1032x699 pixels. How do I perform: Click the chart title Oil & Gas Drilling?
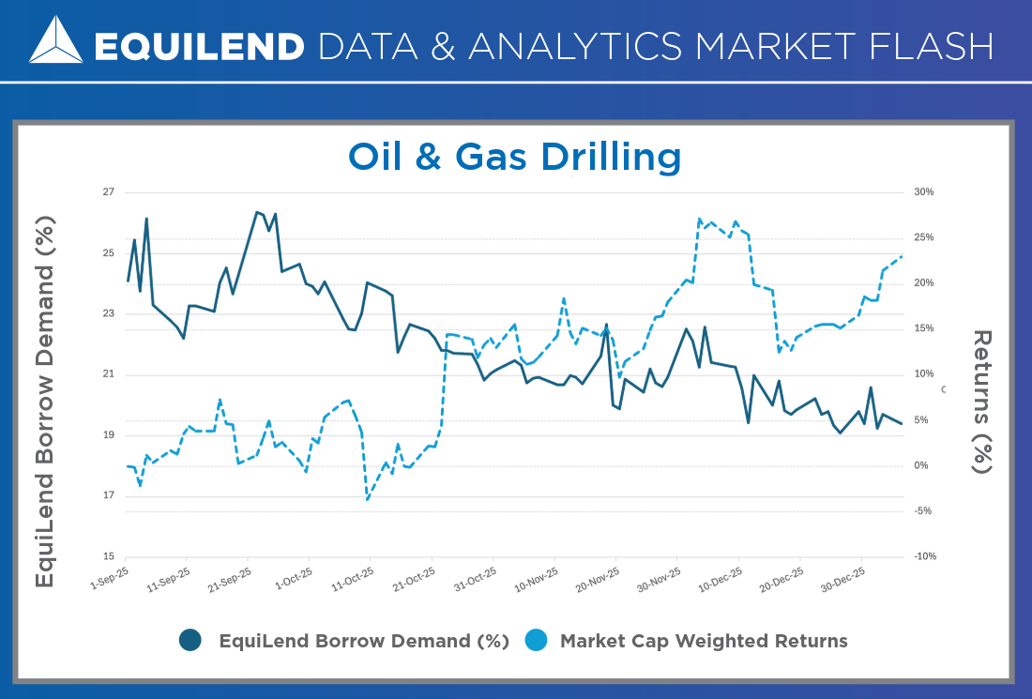514,156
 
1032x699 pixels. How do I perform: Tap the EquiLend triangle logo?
55,40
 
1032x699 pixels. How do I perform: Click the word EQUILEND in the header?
200,45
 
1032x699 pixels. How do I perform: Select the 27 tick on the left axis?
108,192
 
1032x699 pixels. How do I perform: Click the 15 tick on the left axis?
108,556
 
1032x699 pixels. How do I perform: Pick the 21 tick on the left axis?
108,374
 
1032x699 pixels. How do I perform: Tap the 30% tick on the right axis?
923,192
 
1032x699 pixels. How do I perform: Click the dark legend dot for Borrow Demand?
190,641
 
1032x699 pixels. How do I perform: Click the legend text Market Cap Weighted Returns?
704,641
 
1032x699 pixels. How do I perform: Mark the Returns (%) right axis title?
981,402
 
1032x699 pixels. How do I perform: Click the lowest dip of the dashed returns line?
367,499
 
